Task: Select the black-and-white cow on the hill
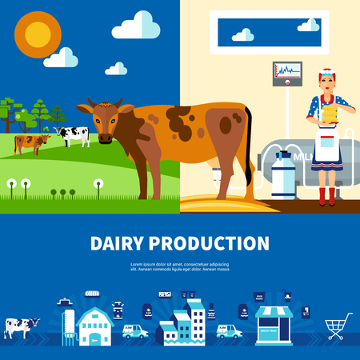click(x=73, y=135)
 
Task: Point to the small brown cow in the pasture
click(x=31, y=143)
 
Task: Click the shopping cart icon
click(x=338, y=326)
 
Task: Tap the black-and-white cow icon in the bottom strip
click(x=21, y=326)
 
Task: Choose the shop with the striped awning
click(x=274, y=326)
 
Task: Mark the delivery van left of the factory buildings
click(x=135, y=330)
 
